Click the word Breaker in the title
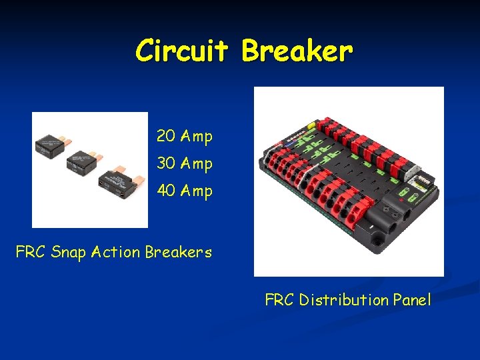click(x=297, y=51)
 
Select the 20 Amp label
click(x=184, y=137)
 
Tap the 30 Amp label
click(x=184, y=163)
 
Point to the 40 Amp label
click(x=184, y=191)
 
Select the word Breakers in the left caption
click(x=179, y=252)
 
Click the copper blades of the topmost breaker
click(x=69, y=141)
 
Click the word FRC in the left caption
click(x=30, y=253)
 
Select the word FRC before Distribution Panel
click(x=280, y=300)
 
